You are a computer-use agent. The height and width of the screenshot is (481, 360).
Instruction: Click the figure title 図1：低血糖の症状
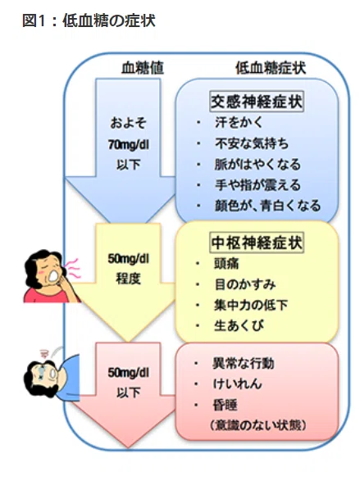[89, 20]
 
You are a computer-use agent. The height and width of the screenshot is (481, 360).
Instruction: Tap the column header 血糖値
[143, 68]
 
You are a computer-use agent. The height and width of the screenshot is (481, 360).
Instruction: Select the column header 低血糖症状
[271, 68]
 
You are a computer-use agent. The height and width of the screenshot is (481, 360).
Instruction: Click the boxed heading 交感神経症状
[257, 102]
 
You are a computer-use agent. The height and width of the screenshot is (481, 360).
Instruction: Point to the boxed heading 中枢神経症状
[257, 243]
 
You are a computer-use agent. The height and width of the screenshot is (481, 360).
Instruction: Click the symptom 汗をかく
[239, 122]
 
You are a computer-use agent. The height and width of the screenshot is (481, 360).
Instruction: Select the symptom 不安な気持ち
[252, 143]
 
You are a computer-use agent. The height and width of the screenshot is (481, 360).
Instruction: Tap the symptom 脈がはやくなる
[257, 164]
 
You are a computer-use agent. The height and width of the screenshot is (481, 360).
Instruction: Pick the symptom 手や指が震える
[257, 185]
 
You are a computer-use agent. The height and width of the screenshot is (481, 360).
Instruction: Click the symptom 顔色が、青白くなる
[267, 206]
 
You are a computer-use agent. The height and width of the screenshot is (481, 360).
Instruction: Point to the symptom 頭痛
[226, 264]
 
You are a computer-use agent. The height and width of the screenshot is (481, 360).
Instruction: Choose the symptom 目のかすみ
[244, 284]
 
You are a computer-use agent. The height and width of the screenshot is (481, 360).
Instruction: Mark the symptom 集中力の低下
[251, 305]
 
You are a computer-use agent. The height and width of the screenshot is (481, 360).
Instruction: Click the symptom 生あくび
[239, 325]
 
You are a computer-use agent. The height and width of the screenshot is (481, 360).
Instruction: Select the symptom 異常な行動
[244, 363]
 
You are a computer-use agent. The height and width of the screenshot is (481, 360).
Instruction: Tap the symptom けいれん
[237, 383]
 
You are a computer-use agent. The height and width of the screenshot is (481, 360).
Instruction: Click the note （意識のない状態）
[258, 425]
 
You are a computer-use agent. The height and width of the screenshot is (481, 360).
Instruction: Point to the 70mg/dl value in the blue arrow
[128, 144]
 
